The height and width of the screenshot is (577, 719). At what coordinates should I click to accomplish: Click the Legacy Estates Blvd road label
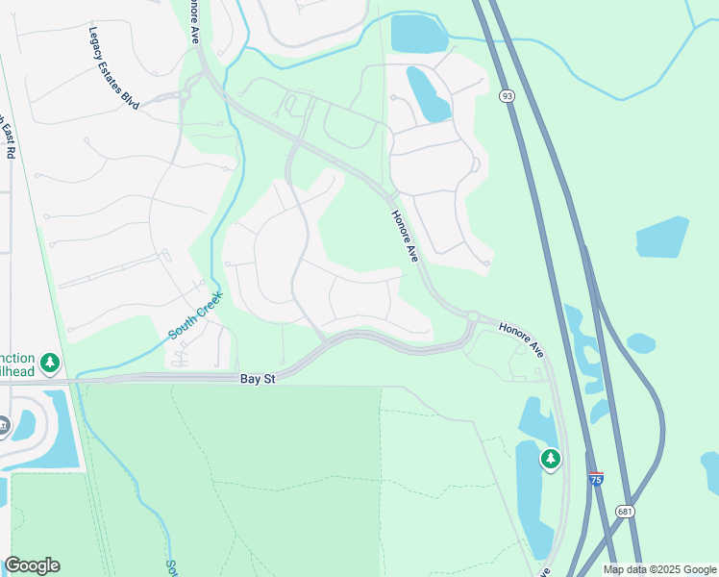tap(113, 67)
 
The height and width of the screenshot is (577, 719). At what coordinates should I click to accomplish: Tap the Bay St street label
tap(258, 380)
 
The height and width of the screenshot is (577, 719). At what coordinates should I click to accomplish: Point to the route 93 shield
tap(506, 96)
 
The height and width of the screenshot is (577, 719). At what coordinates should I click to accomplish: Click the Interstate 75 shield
tap(597, 479)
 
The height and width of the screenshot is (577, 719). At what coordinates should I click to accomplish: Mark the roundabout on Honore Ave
tap(473, 314)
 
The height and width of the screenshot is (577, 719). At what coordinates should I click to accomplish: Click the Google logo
tap(32, 565)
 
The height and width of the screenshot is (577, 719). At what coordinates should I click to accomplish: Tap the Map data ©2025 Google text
tap(659, 569)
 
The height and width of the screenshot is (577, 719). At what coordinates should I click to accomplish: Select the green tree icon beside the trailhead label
tap(50, 363)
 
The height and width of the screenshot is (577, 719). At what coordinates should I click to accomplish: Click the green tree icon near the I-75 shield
tap(550, 460)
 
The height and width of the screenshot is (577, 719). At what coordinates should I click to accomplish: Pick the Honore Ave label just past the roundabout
tap(521, 340)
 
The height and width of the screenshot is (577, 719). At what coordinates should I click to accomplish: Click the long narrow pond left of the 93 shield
tap(428, 93)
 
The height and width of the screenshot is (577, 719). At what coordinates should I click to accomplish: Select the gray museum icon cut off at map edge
tap(3, 424)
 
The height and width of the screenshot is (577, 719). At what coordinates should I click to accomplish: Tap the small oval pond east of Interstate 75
tap(640, 343)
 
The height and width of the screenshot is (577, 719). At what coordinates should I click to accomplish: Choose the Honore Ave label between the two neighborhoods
tap(405, 237)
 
